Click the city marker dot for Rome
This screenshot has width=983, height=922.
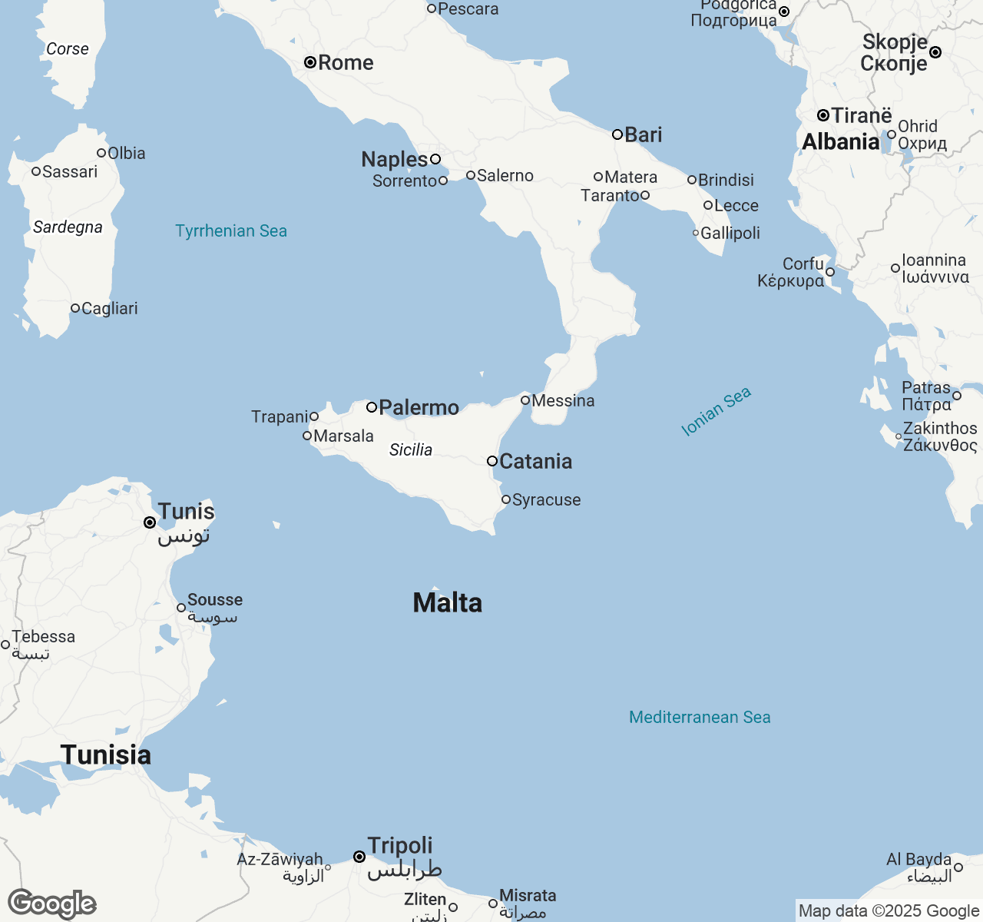pos(310,62)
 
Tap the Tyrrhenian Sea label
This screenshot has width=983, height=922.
pos(231,230)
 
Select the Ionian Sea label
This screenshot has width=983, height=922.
pos(716,412)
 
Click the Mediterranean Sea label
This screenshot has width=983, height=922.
pos(700,717)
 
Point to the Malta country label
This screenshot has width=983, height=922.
pos(448,603)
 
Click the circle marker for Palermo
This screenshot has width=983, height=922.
pos(372,407)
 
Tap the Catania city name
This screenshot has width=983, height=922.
pos(536,461)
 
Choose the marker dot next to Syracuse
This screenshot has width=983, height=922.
pos(506,499)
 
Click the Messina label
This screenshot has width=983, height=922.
pos(563,400)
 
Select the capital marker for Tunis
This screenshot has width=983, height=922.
pos(150,522)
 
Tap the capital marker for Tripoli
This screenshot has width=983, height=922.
pos(359,856)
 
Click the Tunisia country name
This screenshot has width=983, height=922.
pos(106,755)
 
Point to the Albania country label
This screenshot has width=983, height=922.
pos(841,141)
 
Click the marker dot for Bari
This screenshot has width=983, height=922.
pos(617,134)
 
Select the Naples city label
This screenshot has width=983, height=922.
pos(395,159)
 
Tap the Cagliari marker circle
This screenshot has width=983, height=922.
pos(75,308)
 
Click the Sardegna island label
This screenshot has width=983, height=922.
pos(68,227)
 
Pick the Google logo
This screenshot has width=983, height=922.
pos(52,904)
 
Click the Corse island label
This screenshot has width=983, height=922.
pos(68,48)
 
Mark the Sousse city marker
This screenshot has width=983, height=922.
pos(181,608)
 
